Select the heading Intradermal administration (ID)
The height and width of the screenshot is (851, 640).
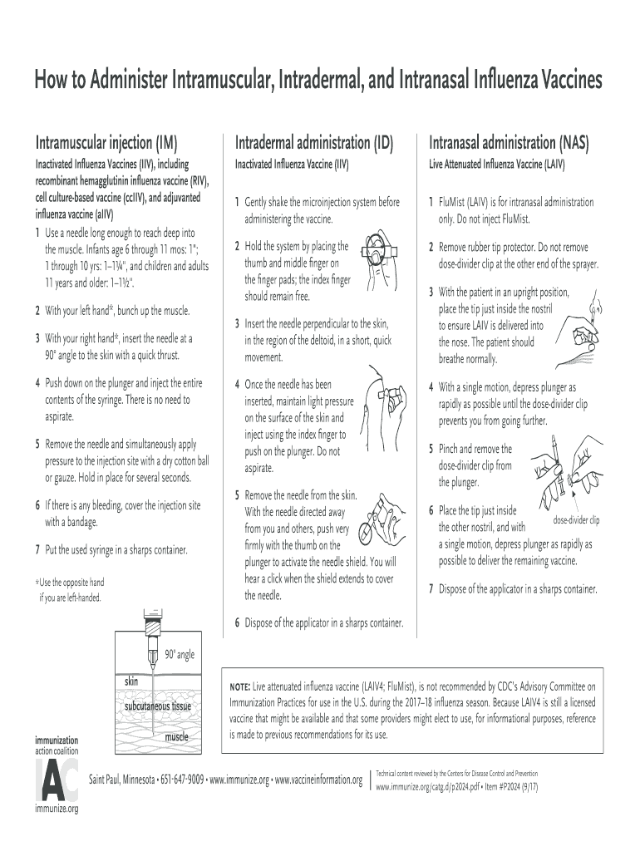click(x=314, y=142)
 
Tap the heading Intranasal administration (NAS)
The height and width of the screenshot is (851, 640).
click(x=509, y=142)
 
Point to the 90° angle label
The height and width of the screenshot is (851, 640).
click(x=179, y=655)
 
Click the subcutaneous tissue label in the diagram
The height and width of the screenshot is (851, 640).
click(x=158, y=706)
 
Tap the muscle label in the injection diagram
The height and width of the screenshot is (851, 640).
click(x=176, y=736)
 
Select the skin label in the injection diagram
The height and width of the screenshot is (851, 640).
click(x=131, y=681)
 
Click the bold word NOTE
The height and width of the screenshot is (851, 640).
click(x=239, y=688)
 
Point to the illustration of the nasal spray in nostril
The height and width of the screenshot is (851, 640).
click(x=590, y=328)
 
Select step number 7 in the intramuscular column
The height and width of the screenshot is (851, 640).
click(x=38, y=550)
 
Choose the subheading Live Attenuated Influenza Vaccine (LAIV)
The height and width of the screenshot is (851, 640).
click(x=496, y=165)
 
